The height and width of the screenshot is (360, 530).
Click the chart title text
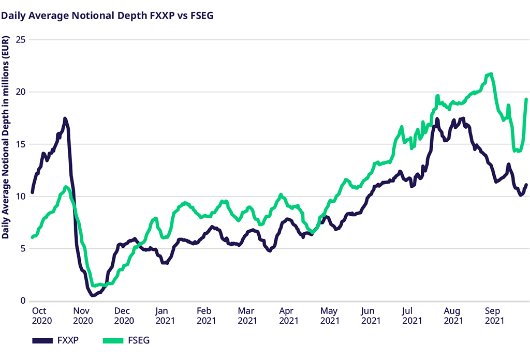(108, 16)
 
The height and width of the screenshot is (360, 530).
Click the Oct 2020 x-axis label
(39, 316)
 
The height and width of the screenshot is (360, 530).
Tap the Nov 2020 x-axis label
(82, 316)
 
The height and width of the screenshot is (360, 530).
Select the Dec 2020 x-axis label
(124, 316)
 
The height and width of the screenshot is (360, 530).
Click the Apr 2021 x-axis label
(289, 316)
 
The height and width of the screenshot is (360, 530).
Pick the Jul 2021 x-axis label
(411, 316)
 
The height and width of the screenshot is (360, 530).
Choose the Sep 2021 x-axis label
(494, 316)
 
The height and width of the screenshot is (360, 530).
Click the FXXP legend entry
(57, 340)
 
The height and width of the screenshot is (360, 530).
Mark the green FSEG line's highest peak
(490, 74)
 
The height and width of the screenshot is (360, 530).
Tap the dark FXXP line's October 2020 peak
(65, 119)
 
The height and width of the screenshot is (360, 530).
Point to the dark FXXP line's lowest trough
(93, 295)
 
